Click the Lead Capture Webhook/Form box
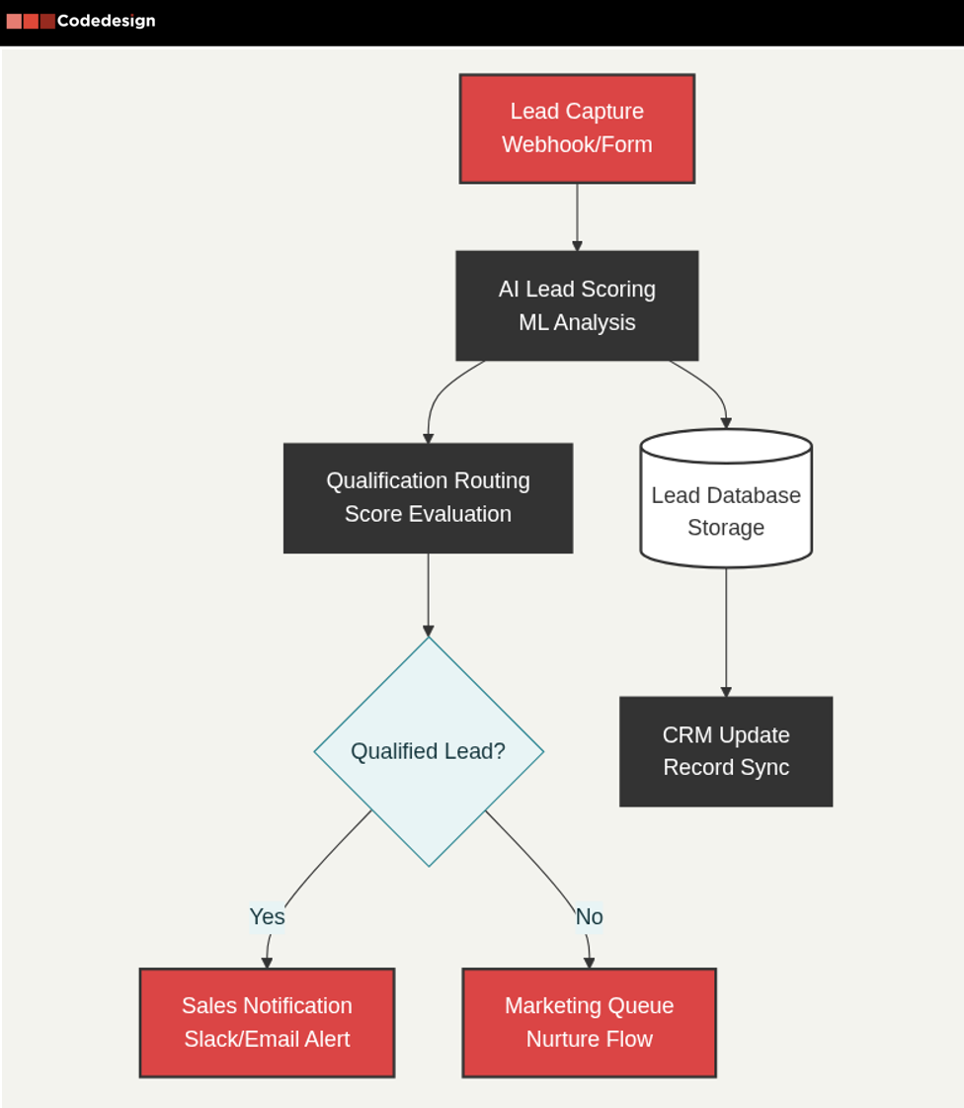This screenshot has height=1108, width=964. tap(577, 128)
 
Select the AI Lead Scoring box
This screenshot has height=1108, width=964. tap(577, 305)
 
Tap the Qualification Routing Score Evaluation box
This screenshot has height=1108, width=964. tap(428, 497)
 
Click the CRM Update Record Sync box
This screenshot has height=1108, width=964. tap(726, 751)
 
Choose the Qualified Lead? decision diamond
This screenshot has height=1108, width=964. tap(429, 751)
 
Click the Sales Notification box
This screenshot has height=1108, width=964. tap(267, 1022)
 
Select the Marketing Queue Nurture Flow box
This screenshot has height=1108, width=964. tap(589, 1022)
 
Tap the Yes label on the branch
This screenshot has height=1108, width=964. tap(267, 916)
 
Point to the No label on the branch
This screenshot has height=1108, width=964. tap(589, 916)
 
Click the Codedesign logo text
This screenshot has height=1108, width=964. tap(106, 21)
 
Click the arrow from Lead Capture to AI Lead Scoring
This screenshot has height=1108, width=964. tap(577, 217)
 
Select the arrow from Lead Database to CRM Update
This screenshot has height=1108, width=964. tap(726, 633)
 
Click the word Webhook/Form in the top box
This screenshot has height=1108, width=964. tap(577, 144)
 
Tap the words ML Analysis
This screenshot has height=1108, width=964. tap(577, 322)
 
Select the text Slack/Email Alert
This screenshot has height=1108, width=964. tap(267, 1039)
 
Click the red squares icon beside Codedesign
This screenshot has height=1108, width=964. tap(31, 21)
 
